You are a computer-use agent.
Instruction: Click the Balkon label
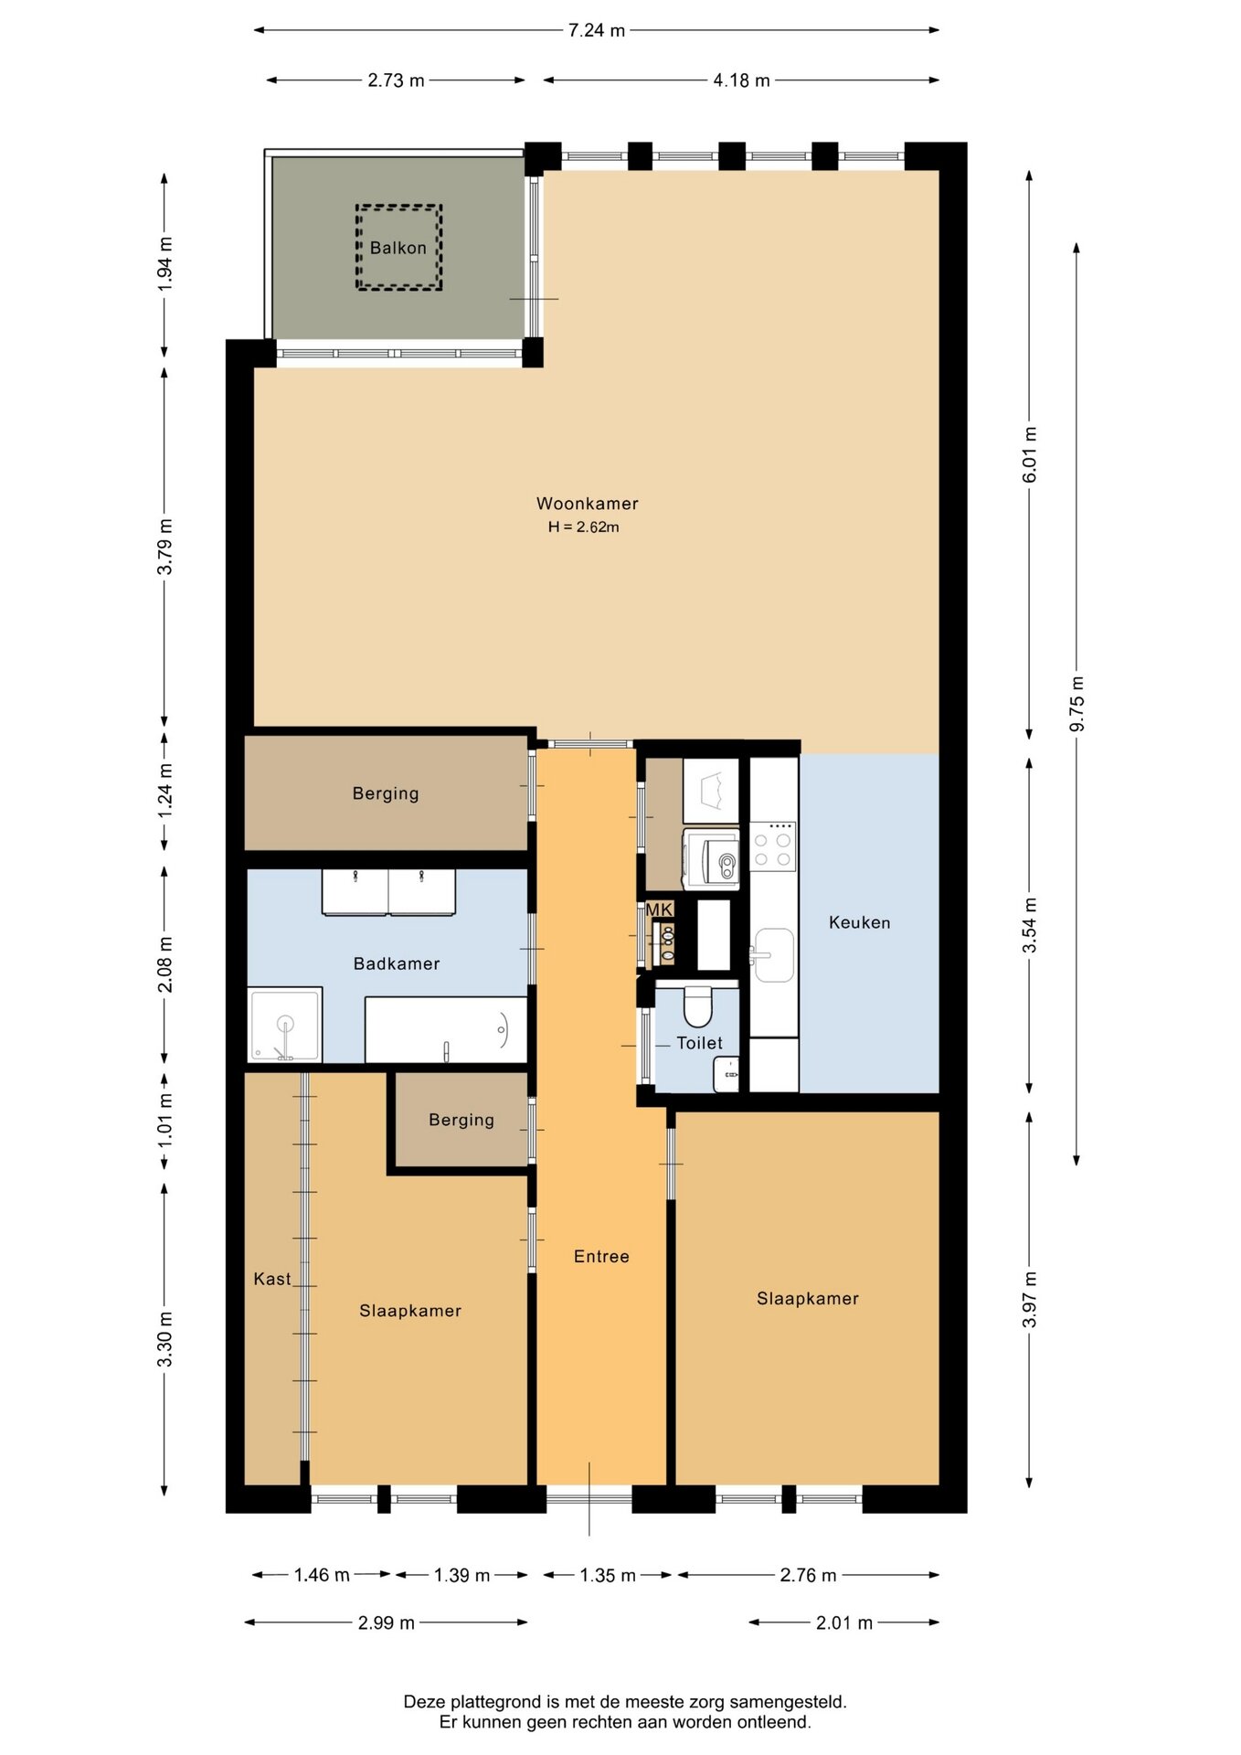(x=398, y=248)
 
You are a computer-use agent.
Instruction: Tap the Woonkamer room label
(x=587, y=504)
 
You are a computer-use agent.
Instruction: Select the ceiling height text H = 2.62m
(x=584, y=527)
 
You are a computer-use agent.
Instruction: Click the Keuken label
(x=859, y=922)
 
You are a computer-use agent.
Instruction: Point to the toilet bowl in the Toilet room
(x=697, y=1005)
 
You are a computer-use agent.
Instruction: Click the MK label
(x=659, y=909)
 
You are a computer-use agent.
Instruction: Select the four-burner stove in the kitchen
(x=773, y=846)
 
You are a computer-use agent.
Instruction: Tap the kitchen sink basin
(x=774, y=955)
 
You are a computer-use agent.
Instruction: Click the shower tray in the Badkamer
(x=285, y=1025)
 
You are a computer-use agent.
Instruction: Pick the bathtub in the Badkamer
(x=446, y=1030)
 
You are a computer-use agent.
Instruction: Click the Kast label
(x=272, y=1279)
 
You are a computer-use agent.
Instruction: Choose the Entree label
(x=601, y=1257)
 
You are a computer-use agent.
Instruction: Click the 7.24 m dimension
(x=597, y=30)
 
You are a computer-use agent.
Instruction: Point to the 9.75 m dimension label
(x=1077, y=704)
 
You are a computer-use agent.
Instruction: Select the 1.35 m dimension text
(x=608, y=1575)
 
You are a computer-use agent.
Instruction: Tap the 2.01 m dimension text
(x=844, y=1622)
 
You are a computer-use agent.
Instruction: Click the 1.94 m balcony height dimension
(x=164, y=264)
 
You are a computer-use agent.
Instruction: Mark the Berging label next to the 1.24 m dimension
(x=386, y=793)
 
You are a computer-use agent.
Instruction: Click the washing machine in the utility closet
(x=711, y=859)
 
